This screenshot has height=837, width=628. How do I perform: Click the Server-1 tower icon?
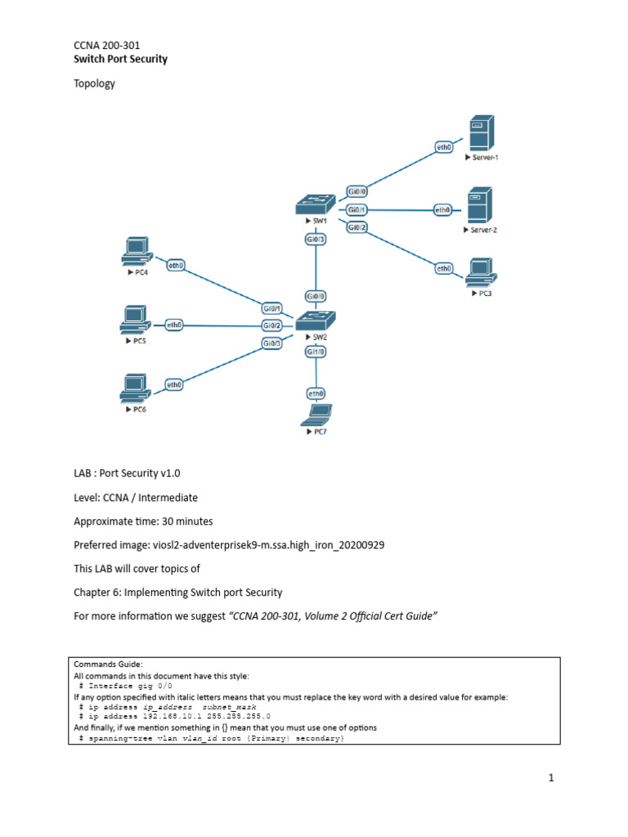click(479, 132)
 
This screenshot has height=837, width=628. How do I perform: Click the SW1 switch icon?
click(316, 204)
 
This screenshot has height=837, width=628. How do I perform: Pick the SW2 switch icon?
click(316, 320)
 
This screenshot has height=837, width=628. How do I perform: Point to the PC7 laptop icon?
click(316, 415)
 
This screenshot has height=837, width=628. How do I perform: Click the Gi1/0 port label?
click(316, 352)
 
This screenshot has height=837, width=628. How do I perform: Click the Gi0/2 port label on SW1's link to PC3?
click(357, 227)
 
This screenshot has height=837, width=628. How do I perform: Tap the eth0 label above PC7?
click(316, 393)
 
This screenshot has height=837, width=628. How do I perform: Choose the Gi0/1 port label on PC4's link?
click(272, 309)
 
